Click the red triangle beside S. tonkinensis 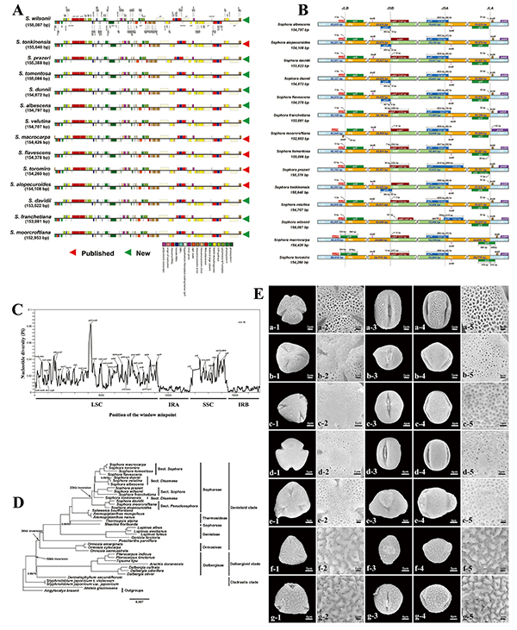coord(247,43)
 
